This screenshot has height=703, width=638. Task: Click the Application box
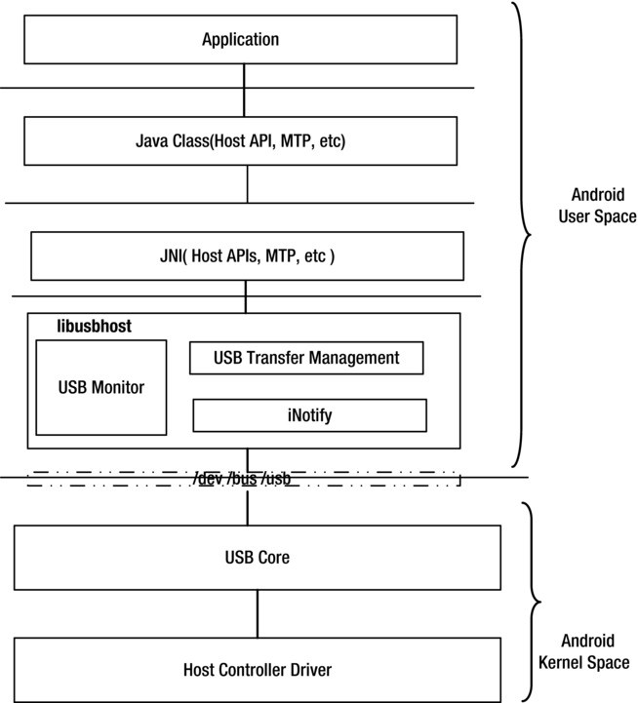240,40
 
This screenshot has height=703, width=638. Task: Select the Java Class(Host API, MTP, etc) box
240,141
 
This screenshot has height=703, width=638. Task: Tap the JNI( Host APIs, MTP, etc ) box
247,256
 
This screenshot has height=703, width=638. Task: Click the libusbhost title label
94,327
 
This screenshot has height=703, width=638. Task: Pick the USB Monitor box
100,387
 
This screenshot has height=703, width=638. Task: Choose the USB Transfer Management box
306,358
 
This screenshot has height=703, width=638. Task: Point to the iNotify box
309,415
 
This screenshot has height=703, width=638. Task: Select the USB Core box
258,558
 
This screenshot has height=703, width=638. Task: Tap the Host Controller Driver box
258,670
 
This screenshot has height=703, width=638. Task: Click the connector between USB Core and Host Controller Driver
258,614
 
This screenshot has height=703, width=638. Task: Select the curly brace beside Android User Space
523,234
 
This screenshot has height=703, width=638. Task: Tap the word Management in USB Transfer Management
356,358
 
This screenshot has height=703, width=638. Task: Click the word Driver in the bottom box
307,670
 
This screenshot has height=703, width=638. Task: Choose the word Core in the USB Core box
273,558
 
